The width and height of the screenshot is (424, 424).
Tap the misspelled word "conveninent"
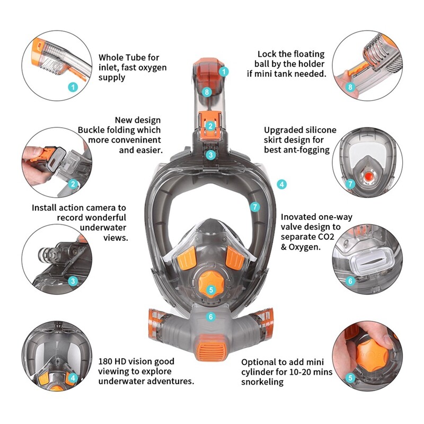[x=135, y=140]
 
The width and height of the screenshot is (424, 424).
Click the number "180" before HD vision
[x=107, y=361]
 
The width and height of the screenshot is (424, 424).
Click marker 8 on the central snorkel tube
[x=207, y=92]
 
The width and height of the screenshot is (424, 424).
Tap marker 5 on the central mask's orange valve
[x=211, y=290]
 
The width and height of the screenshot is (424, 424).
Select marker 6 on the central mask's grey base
[x=211, y=317]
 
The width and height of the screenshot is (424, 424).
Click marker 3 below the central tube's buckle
[x=211, y=155]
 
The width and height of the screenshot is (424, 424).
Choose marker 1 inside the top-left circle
[x=73, y=86]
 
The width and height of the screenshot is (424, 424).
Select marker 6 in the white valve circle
[x=350, y=281]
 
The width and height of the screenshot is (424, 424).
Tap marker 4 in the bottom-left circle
[x=73, y=378]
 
